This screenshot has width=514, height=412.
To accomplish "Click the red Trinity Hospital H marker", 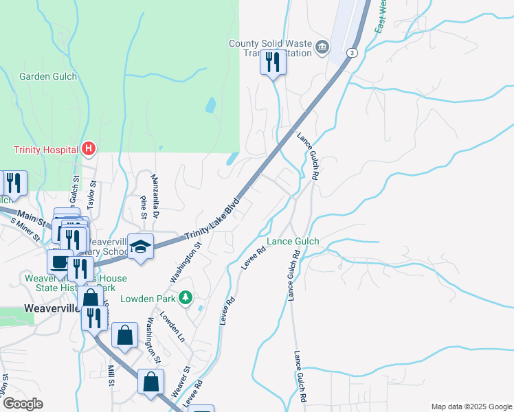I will [89, 148].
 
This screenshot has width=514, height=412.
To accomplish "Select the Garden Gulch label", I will [48, 76].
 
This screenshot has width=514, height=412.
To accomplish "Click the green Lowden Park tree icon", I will [184, 298].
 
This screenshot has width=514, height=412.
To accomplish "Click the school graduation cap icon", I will [141, 247].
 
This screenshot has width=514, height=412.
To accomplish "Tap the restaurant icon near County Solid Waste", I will [273, 63].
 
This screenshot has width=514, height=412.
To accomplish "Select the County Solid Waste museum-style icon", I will [323, 47].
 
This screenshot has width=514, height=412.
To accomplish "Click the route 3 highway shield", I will [353, 53].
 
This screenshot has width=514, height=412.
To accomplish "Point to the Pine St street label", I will [144, 207].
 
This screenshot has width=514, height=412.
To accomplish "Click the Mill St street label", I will [110, 376].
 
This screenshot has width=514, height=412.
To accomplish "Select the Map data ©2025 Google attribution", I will [471, 406].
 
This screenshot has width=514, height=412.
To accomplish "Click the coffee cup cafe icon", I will [59, 260].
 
